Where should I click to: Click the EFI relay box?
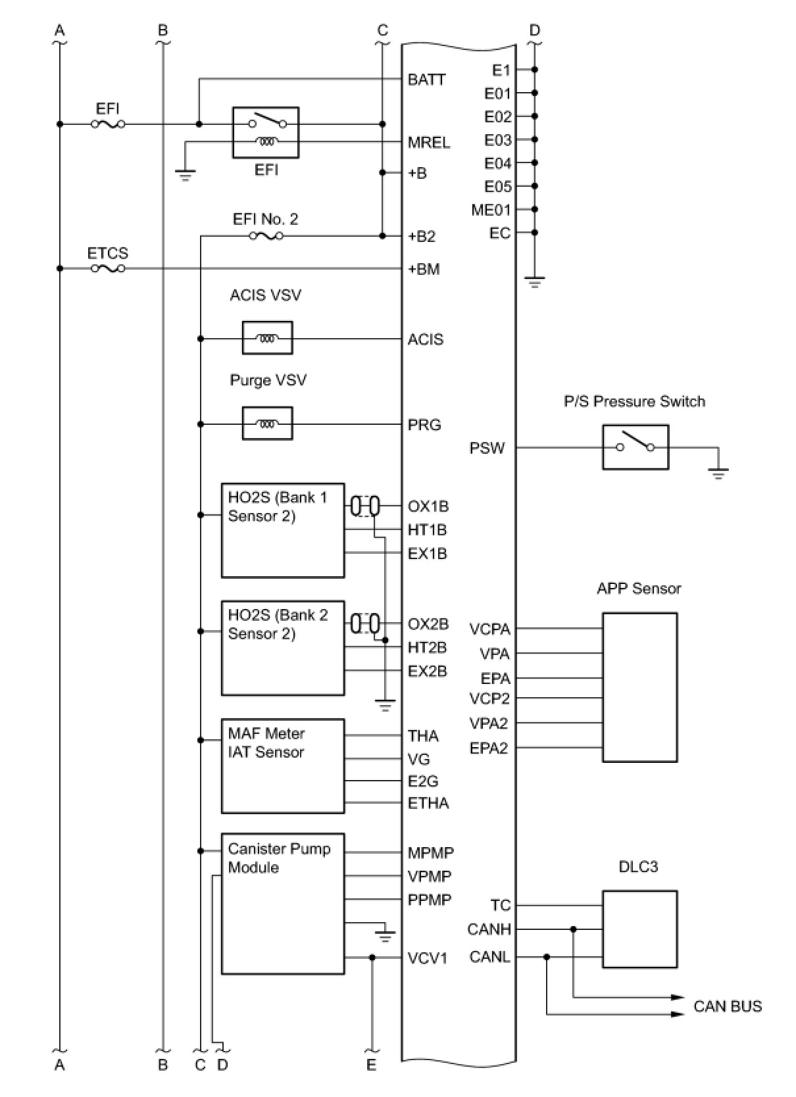click(265, 132)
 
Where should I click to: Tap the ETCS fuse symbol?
click(108, 268)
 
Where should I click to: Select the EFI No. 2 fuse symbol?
click(266, 235)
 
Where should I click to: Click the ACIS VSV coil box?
click(267, 338)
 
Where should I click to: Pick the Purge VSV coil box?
click(267, 424)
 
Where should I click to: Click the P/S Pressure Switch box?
click(635, 447)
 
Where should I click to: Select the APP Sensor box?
click(639, 687)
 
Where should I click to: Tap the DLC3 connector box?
click(639, 929)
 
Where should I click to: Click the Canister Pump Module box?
click(282, 904)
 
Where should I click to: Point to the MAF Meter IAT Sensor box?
click(282, 766)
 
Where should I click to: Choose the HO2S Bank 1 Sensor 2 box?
click(282, 530)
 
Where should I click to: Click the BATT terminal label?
click(426, 80)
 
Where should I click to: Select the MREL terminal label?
click(428, 142)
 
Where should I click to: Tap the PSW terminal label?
click(487, 448)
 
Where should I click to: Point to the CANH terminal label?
click(489, 929)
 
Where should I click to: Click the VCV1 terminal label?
click(427, 958)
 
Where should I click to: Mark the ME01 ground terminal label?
click(490, 210)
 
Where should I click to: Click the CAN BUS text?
click(727, 1006)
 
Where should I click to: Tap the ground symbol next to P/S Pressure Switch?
click(718, 472)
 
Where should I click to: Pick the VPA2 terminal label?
click(488, 723)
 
